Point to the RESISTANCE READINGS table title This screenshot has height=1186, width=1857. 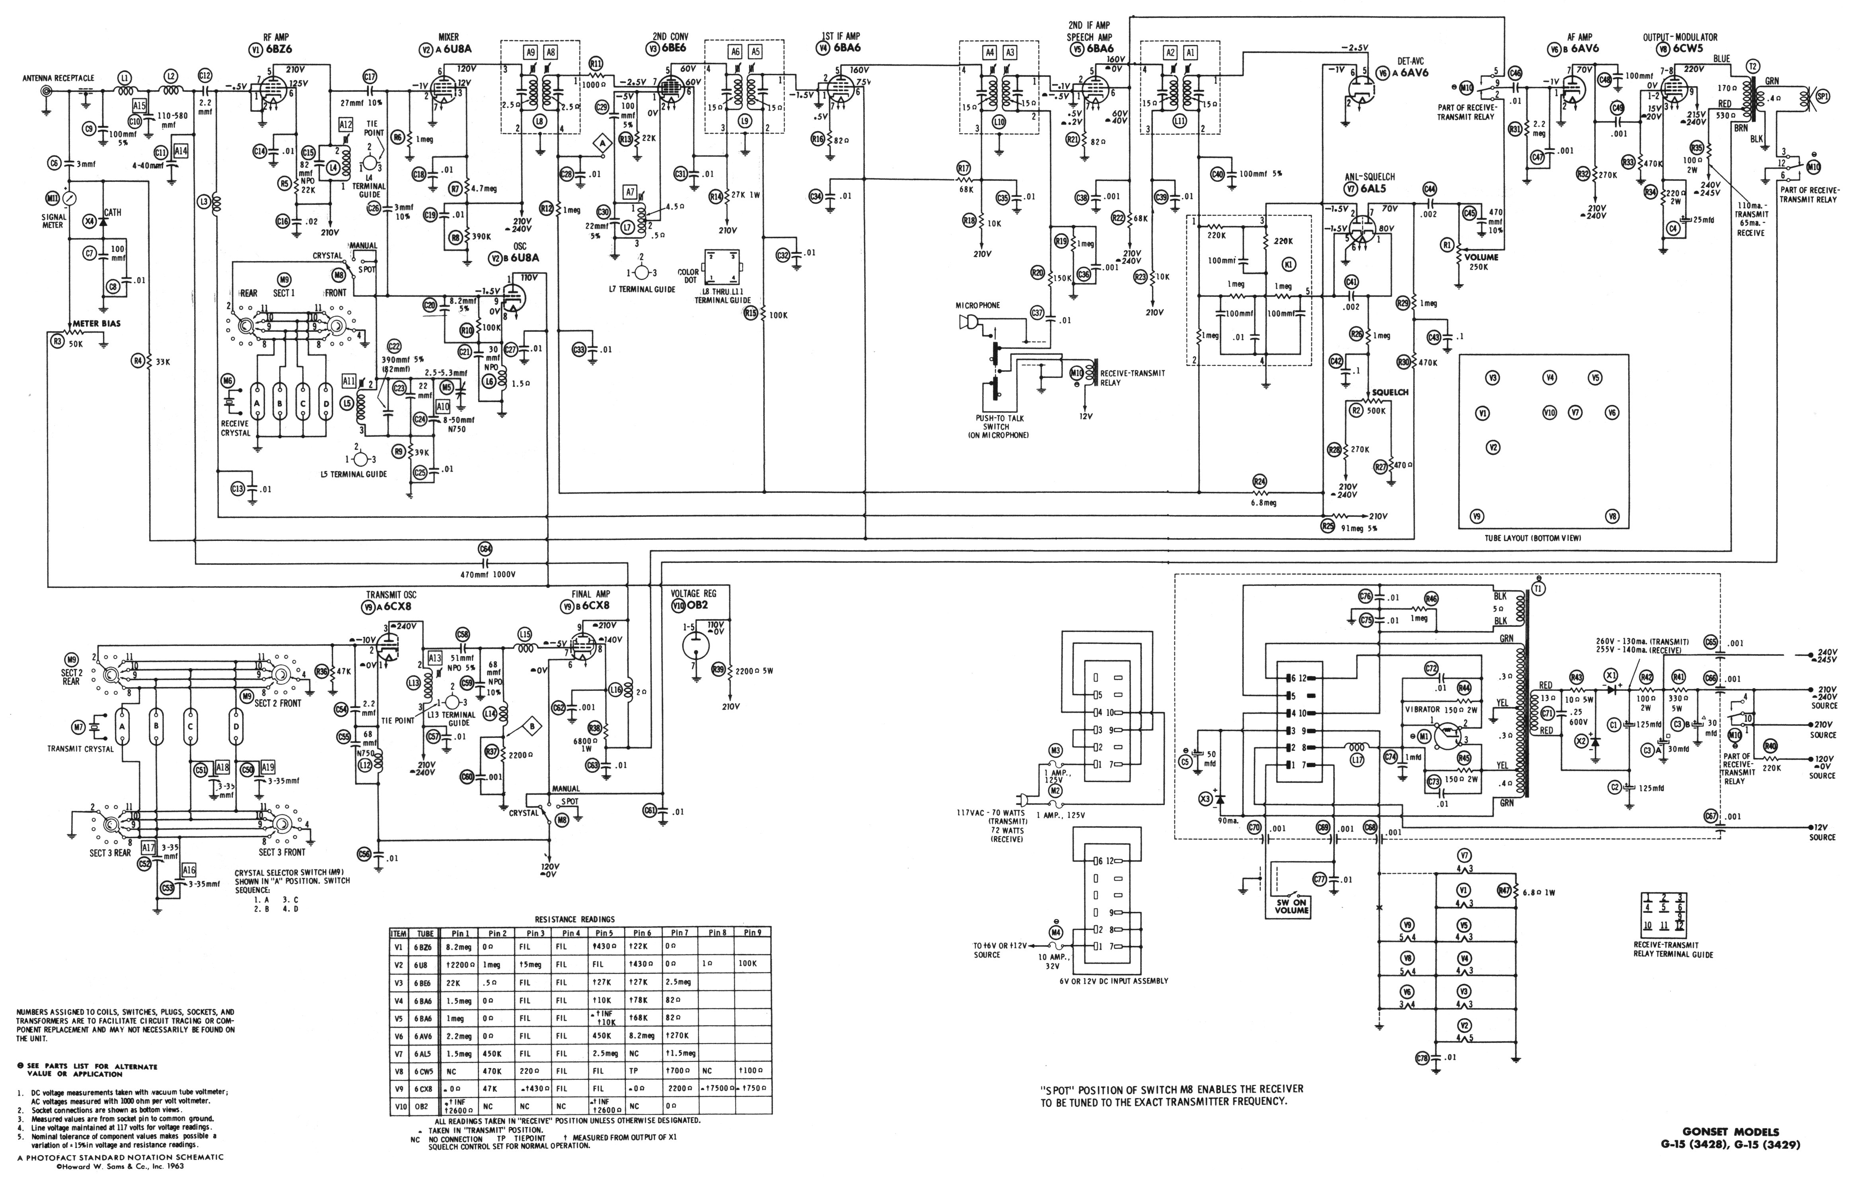pyautogui.click(x=574, y=919)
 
